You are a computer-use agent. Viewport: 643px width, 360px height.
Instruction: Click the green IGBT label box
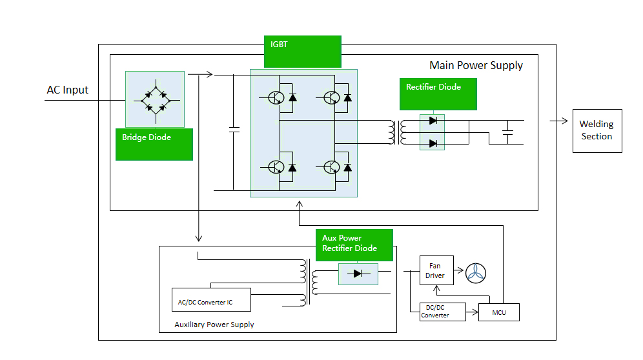[302, 51]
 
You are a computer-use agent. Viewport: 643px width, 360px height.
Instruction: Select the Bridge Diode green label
[154, 143]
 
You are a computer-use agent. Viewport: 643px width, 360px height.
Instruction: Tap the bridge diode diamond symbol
[155, 99]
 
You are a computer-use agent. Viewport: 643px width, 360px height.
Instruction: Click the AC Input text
[67, 90]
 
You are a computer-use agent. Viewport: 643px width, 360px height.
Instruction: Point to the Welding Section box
[597, 131]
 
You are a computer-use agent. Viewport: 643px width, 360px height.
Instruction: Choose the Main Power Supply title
[476, 66]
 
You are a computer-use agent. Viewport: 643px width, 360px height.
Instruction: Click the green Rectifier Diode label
[438, 94]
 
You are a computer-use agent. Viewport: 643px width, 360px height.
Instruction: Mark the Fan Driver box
[435, 271]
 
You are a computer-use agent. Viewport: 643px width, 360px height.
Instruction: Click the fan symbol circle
[476, 273]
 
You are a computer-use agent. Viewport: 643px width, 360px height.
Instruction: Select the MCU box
[498, 313]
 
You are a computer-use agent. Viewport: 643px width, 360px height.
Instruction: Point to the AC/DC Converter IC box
[210, 299]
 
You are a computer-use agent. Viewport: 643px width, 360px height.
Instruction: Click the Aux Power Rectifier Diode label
[354, 243]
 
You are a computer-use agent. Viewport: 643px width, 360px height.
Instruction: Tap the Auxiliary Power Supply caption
[214, 325]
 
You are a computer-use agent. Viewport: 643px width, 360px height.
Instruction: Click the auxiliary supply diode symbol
[358, 274]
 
